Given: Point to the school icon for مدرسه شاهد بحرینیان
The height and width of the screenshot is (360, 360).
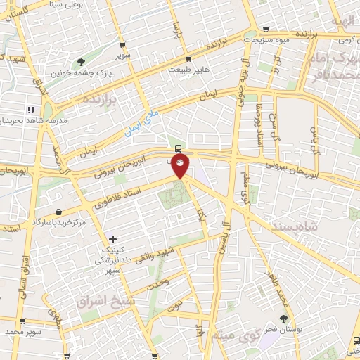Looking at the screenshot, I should (30, 110).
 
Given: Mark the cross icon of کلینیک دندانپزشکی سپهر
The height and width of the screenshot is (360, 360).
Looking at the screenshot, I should (113, 239).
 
